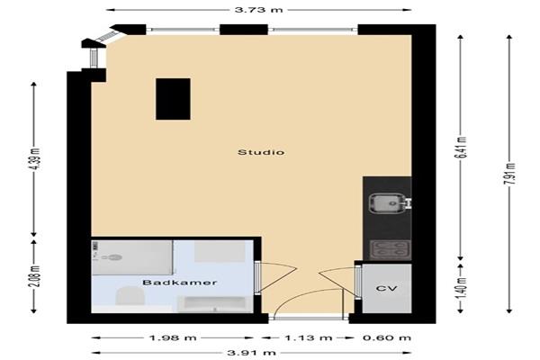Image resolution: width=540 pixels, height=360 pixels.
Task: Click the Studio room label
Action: (261, 152)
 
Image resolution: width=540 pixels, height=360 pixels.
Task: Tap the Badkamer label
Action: (180, 283)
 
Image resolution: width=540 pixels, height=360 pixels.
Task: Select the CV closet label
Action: (386, 288)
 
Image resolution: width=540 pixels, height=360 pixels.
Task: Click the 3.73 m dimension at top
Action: (258, 10)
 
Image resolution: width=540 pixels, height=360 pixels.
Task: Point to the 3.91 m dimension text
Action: (251, 353)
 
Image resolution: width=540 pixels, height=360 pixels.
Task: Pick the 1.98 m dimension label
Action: (173, 337)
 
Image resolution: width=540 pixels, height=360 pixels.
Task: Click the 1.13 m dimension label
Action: (308, 337)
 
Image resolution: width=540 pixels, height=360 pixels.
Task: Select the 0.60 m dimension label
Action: (387, 337)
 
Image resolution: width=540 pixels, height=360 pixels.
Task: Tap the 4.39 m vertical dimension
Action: (34, 158)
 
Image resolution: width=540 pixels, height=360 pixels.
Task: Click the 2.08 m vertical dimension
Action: (34, 276)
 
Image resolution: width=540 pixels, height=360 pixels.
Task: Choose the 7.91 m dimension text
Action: (509, 174)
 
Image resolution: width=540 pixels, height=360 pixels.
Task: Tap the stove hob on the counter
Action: (390, 250)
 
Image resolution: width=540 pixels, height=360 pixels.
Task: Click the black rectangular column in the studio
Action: (173, 99)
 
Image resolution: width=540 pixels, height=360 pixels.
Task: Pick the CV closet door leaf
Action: (337, 281)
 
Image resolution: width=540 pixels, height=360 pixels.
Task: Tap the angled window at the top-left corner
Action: (107, 37)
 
